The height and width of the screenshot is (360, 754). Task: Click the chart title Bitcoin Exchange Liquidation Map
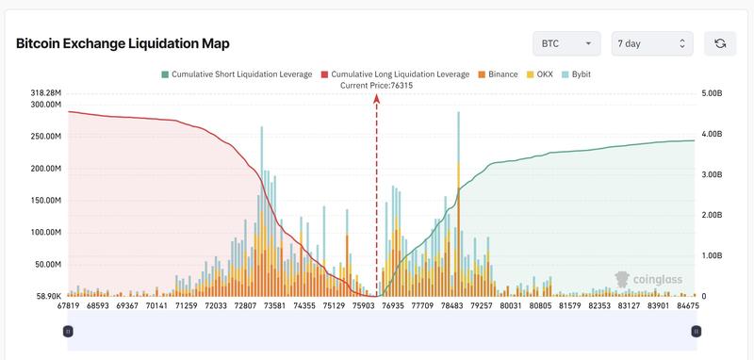point(123,43)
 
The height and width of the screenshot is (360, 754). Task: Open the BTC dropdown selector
point(566,43)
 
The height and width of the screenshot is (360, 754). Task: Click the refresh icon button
point(720,43)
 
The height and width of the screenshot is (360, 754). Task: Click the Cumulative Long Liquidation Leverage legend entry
point(395,74)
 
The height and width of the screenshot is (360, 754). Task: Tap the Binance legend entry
point(498,74)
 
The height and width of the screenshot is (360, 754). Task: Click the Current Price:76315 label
point(376,85)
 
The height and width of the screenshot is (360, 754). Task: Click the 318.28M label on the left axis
point(45,93)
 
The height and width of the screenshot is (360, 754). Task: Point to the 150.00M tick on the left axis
point(45,201)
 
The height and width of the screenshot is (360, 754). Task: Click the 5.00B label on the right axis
point(712,93)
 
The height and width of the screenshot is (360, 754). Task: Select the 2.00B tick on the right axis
point(712,215)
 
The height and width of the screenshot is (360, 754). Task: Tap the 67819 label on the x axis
point(68,305)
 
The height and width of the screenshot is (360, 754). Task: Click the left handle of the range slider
point(68,331)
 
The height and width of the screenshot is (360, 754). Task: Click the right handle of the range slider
point(696,331)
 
